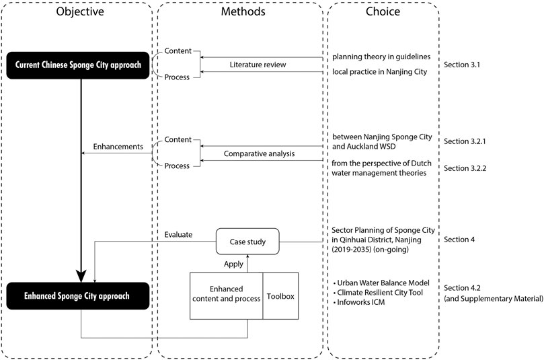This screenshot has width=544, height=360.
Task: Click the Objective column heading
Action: tap(80, 11)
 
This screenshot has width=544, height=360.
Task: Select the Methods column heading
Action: tap(243, 11)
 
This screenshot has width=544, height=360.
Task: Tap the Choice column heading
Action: tap(383, 11)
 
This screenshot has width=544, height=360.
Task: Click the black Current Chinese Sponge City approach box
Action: tap(78, 65)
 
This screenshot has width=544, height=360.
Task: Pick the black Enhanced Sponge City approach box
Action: tap(78, 296)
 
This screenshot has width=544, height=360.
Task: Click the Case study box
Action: tap(247, 242)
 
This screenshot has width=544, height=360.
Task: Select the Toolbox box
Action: tap(280, 296)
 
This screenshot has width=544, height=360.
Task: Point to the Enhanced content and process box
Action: tap(226, 296)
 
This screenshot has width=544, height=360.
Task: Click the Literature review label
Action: tap(258, 65)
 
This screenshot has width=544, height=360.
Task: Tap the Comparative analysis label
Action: tap(259, 153)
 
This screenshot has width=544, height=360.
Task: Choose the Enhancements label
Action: tap(118, 147)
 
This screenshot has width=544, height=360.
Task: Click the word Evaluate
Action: tap(178, 235)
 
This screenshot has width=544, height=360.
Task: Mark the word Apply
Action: tap(233, 264)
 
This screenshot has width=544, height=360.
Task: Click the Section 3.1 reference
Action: tap(462, 65)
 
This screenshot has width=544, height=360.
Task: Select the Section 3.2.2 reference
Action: tap(465, 168)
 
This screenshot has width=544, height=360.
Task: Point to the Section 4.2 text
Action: tap(462, 288)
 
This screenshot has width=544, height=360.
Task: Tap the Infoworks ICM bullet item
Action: tap(359, 302)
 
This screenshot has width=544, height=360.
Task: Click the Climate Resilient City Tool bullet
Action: tap(378, 293)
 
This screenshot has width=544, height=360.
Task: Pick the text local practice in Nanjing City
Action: tap(379, 72)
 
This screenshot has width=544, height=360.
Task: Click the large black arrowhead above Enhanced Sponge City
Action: tap(81, 277)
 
